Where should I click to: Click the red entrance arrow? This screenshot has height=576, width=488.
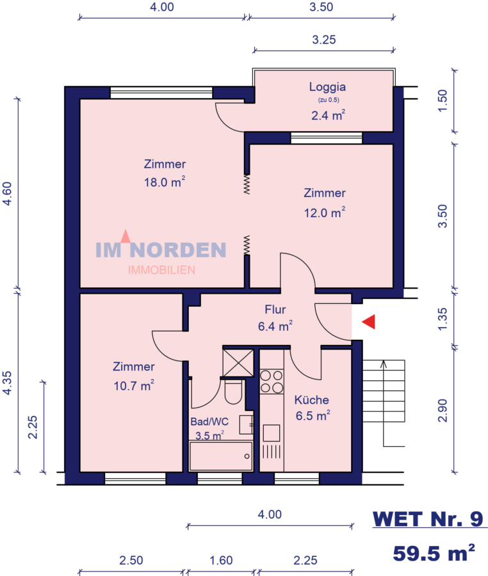(369, 322)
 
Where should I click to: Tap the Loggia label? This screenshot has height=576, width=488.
(327, 87)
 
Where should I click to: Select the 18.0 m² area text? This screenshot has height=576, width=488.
(164, 182)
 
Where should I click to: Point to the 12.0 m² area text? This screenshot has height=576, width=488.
(325, 212)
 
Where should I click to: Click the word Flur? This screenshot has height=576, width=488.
(275, 310)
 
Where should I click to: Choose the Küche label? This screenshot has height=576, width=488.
(312, 399)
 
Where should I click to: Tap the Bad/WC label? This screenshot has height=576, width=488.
(209, 422)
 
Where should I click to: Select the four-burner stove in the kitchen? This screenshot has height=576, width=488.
(272, 381)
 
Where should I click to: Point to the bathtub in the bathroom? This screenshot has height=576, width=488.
(221, 456)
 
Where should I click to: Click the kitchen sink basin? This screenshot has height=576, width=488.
(271, 433)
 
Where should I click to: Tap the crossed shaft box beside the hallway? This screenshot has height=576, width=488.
(238, 363)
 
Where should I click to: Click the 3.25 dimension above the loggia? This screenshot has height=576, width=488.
(324, 39)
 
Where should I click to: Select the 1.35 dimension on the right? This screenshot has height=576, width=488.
(443, 319)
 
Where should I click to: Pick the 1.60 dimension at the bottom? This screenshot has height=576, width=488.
(221, 560)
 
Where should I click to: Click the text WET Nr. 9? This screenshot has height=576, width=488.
(428, 519)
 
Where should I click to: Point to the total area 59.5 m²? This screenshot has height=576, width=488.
(434, 553)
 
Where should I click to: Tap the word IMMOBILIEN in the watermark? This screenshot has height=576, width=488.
(161, 270)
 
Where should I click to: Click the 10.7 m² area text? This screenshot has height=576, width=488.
(134, 386)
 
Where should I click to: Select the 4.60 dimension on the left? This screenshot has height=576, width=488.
(7, 193)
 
